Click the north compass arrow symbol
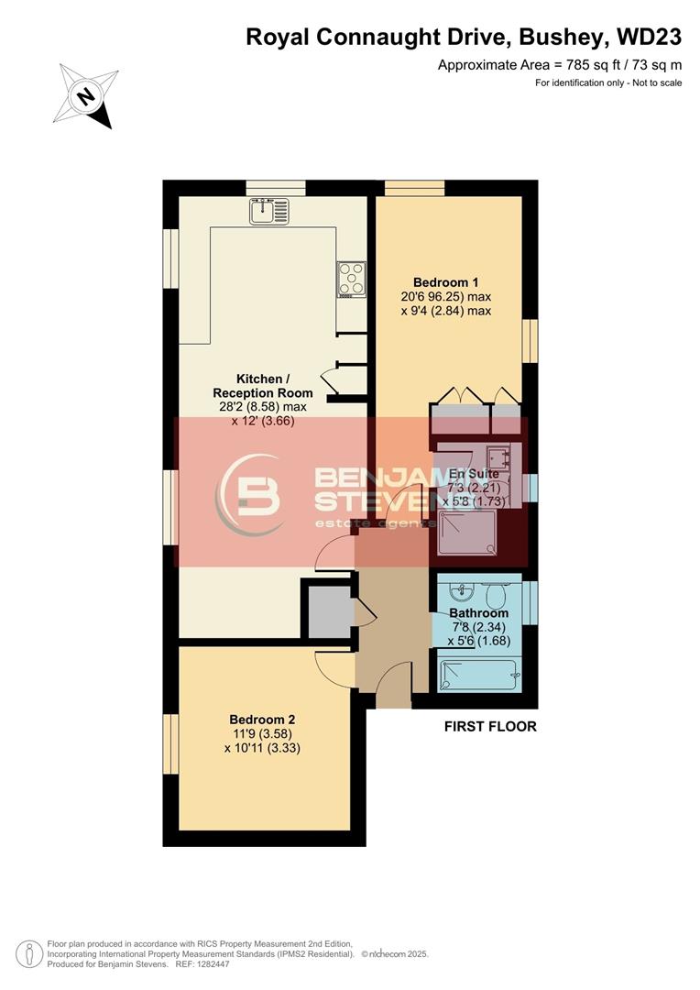(x=87, y=95)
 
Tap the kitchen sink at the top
(x=268, y=212)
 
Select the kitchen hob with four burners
(x=351, y=279)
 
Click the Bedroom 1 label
(x=445, y=282)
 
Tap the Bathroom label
(x=478, y=613)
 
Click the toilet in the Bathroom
(x=497, y=596)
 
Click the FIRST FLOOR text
(x=490, y=727)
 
